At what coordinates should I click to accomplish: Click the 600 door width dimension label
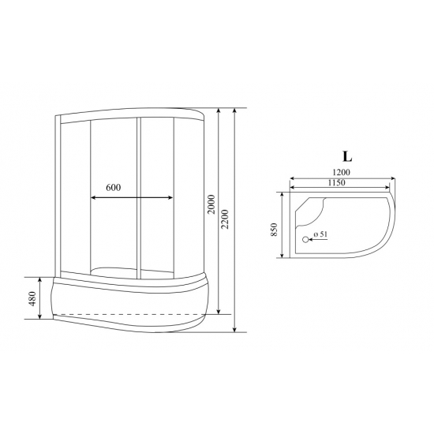tap(114, 188)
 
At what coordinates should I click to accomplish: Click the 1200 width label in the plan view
tap(340, 172)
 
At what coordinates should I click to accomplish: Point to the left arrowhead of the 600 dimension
tap(93, 197)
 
